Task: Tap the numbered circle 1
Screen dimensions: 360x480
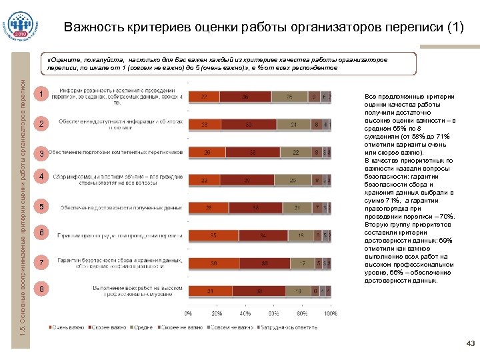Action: tap(42, 95)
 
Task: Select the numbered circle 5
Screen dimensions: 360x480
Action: tap(42, 207)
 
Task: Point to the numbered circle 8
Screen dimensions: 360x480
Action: tap(42, 289)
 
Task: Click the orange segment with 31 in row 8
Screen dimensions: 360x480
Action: tap(211, 291)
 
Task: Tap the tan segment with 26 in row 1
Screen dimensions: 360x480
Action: tap(289, 97)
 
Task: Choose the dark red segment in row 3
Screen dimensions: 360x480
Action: tap(253, 152)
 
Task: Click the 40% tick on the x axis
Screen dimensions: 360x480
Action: tap(245, 313)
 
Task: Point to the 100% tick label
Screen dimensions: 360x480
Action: tap(331, 313)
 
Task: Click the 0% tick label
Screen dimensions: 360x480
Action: tap(189, 313)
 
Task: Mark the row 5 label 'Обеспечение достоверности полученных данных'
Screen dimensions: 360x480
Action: tap(121, 207)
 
